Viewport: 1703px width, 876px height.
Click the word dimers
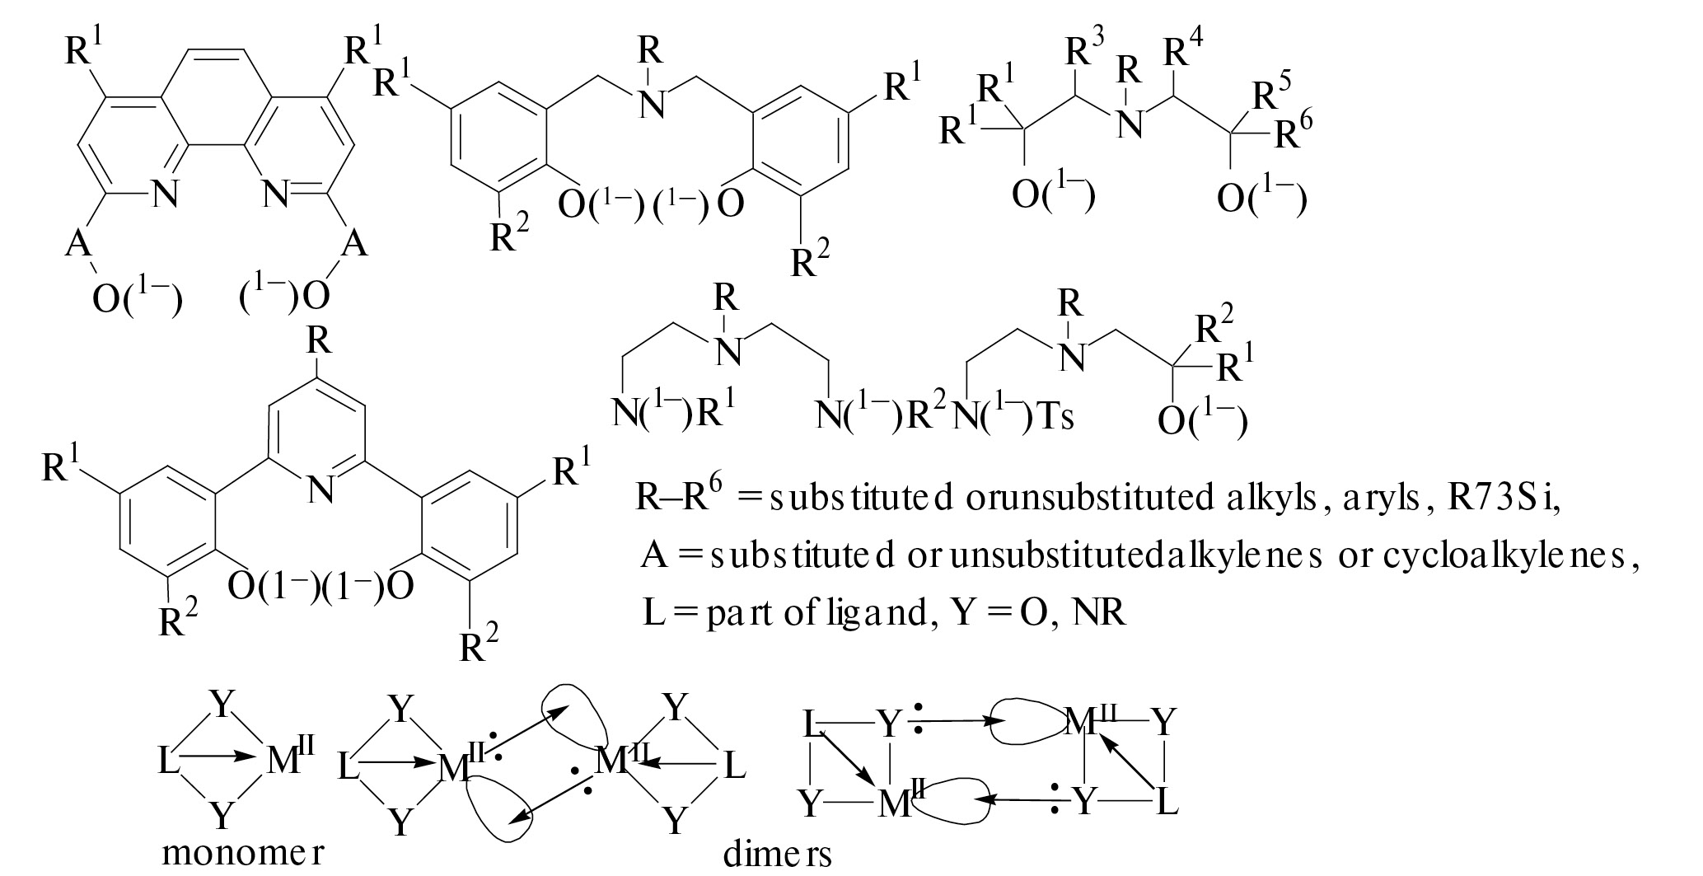pos(777,855)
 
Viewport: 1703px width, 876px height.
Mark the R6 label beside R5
pos(1293,132)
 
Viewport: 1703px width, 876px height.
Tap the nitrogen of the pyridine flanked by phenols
pos(321,490)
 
